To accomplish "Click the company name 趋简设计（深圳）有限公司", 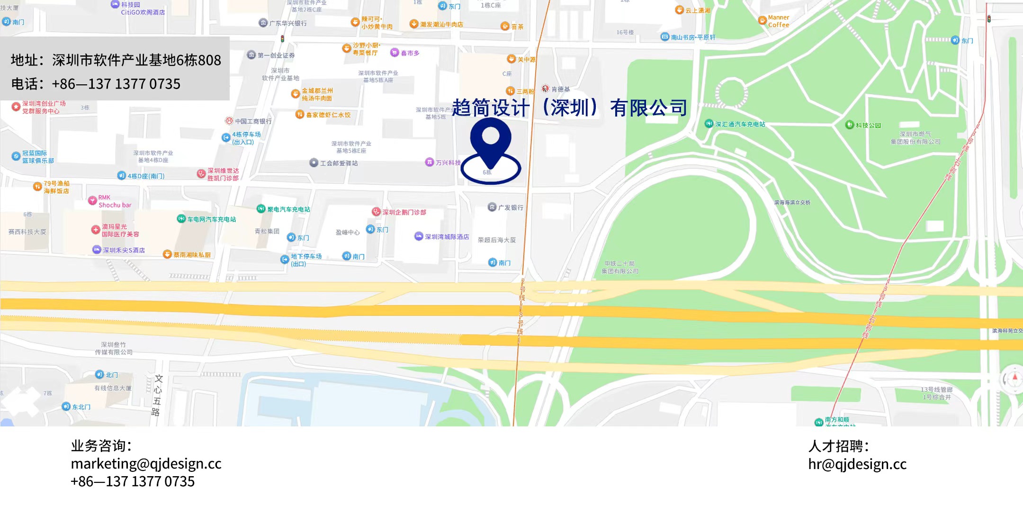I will [x=569, y=108].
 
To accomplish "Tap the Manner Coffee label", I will [x=778, y=21].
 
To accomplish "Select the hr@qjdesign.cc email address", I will [x=857, y=464].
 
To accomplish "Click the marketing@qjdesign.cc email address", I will [x=146, y=463].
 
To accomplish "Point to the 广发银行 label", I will [x=510, y=208].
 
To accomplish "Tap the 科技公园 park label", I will [x=868, y=125].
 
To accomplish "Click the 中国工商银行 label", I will [x=253, y=121].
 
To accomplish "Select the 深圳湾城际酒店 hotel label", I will [x=446, y=237].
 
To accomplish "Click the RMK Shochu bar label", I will [x=114, y=201].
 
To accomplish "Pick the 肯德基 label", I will [x=560, y=89].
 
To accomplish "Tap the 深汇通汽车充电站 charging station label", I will [x=739, y=124].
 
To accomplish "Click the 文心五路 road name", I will [x=157, y=395].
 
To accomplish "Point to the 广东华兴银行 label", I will [x=287, y=23].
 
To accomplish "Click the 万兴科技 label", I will [x=448, y=163].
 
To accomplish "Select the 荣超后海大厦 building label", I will [x=496, y=240].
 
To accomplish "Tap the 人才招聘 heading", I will [x=838, y=446].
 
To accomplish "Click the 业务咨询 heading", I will [x=101, y=445].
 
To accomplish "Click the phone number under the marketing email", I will [x=133, y=481].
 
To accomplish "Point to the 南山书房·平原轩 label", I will [x=692, y=37].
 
